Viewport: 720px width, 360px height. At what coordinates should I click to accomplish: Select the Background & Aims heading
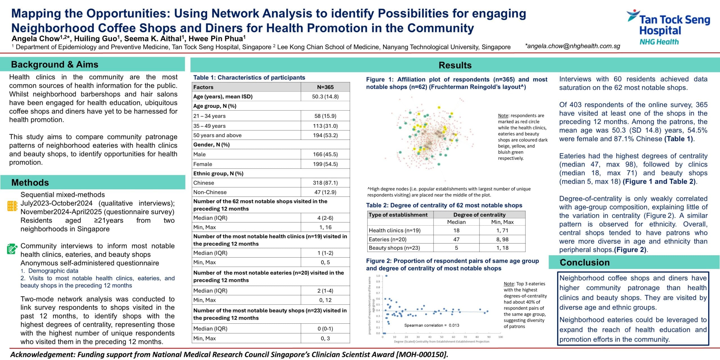coord(55,64)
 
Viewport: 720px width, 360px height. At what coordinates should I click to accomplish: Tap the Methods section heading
coord(30,183)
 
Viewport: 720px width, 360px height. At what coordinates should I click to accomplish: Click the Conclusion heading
coord(585,262)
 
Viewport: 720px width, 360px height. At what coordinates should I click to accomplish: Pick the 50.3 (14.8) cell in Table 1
coord(325,96)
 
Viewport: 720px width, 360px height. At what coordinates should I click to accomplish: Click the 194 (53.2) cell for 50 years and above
coord(325,135)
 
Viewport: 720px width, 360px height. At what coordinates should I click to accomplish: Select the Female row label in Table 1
coord(203,164)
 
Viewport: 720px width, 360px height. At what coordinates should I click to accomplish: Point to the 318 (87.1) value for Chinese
coord(325,183)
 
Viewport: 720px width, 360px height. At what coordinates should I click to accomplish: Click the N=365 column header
coord(325,87)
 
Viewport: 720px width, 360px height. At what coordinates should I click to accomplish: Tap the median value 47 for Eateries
coord(456,239)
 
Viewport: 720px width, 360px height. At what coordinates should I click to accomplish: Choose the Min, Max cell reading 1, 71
coord(502,230)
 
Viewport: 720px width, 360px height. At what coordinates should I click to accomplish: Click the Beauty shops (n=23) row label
coord(394,248)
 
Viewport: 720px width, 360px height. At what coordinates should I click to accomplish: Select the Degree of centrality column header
coord(479,215)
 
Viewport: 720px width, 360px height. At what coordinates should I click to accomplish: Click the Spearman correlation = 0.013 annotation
coord(431,325)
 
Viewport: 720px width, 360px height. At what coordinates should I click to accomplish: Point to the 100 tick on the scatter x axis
coord(501,337)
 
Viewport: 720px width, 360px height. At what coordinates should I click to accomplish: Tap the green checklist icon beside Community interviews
coord(12,249)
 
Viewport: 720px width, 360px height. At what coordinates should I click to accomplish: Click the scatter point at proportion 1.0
coord(386,276)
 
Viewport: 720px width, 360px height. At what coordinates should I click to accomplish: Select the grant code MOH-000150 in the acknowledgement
coord(421,354)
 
